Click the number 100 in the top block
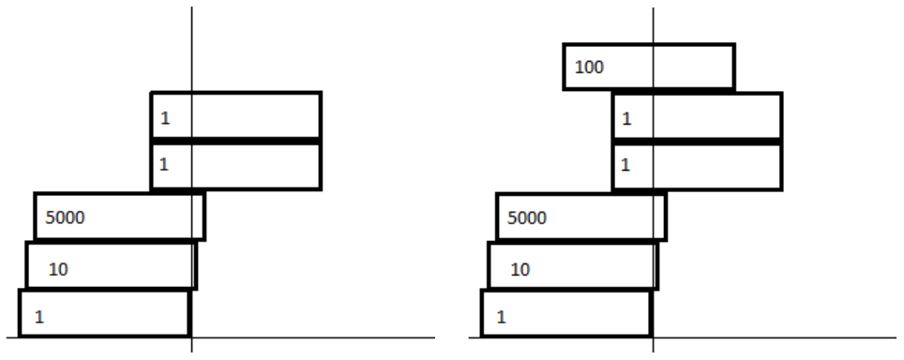[589, 67]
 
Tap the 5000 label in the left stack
[65, 217]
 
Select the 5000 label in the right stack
[527, 218]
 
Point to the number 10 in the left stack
[58, 269]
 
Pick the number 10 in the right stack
[520, 270]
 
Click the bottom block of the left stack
[104, 313]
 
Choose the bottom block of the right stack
[566, 313]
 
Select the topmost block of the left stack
[235, 115]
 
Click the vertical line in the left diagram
[192, 179]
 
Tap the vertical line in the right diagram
[654, 179]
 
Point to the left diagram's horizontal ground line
[220, 337]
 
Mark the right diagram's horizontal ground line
[683, 337]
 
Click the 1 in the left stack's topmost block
[165, 118]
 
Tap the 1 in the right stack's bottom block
[501, 318]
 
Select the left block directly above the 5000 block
[235, 165]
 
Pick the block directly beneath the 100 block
[698, 116]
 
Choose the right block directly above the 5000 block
[698, 166]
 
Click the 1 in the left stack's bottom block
[39, 318]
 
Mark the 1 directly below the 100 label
[626, 119]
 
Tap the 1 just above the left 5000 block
[164, 165]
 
